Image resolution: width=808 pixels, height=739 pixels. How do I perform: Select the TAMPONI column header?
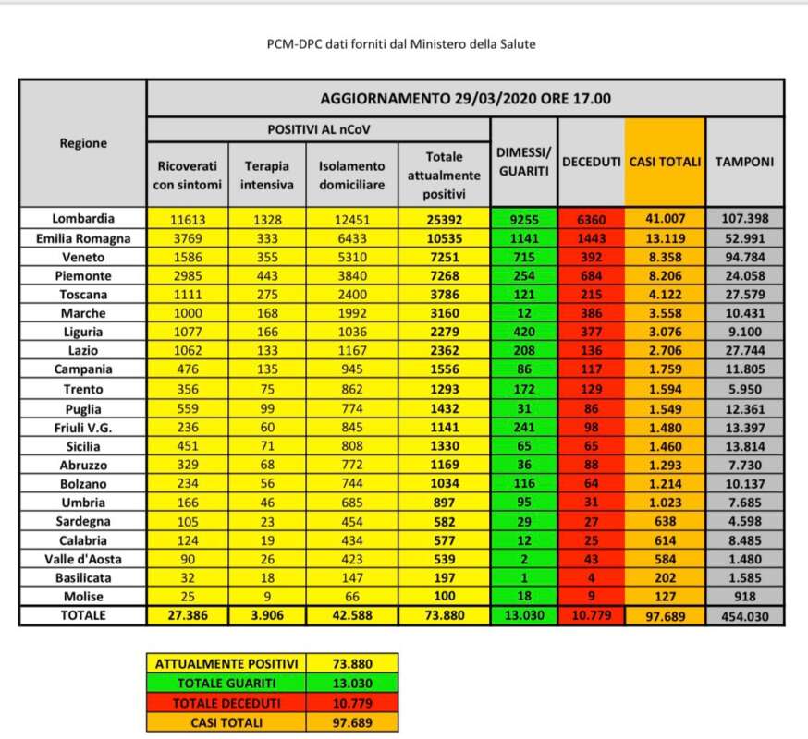pyautogui.click(x=744, y=162)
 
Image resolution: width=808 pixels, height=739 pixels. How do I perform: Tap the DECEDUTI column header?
pyautogui.click(x=591, y=162)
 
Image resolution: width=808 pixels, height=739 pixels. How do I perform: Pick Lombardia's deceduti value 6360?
pyautogui.click(x=591, y=219)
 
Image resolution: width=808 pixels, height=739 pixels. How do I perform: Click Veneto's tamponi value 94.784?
pyautogui.click(x=744, y=257)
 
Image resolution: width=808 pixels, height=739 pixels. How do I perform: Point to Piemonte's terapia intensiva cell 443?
pyautogui.click(x=269, y=276)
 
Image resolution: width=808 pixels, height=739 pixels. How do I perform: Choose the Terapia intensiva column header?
pyautogui.click(x=269, y=175)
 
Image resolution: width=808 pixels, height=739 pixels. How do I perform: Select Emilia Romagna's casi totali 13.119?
pyautogui.click(x=665, y=238)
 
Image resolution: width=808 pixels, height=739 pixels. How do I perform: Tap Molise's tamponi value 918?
pyautogui.click(x=744, y=597)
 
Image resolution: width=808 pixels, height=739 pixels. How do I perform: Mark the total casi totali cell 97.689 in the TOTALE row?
pyautogui.click(x=665, y=616)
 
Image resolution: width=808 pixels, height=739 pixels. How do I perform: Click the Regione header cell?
pyautogui.click(x=83, y=143)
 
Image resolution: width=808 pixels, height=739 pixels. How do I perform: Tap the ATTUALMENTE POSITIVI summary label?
pyautogui.click(x=226, y=662)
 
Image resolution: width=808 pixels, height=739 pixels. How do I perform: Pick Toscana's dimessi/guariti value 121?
pyautogui.click(x=524, y=295)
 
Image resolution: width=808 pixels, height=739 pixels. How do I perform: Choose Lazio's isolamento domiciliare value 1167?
pyautogui.click(x=351, y=351)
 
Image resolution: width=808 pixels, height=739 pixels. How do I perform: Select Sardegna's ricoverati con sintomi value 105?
pyautogui.click(x=189, y=521)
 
